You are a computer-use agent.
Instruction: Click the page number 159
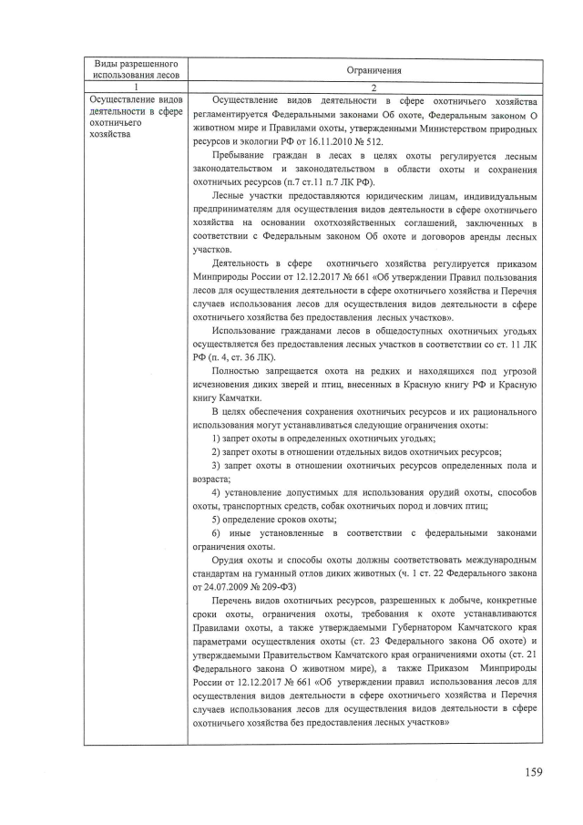(x=533, y=772)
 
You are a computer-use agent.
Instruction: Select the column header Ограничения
(x=367, y=70)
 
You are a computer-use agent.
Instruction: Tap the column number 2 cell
(x=367, y=86)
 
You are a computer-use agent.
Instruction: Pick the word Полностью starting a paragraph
(x=237, y=371)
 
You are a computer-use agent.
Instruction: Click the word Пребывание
(x=241, y=157)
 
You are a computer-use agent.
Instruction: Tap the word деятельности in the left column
(x=119, y=111)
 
